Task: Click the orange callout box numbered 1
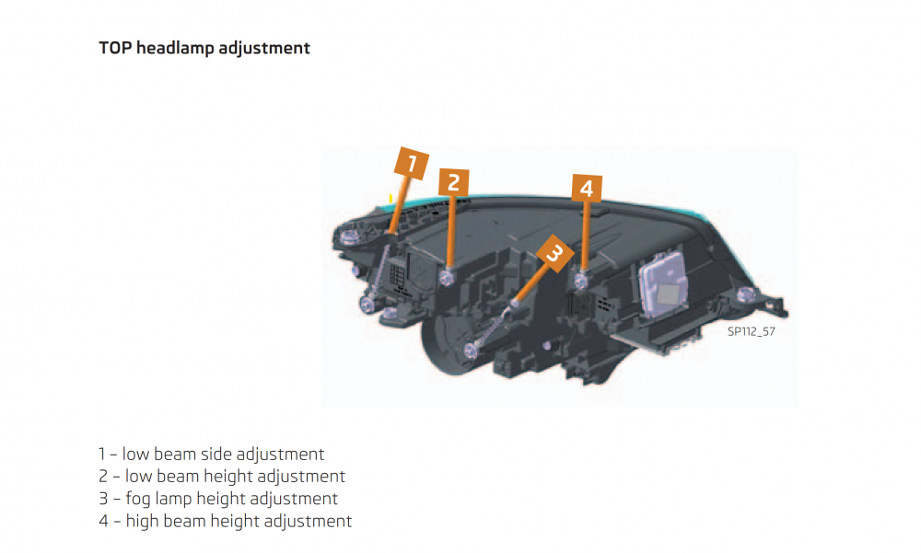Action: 411,163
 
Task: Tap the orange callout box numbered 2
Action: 453,182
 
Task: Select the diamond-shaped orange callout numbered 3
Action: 554,254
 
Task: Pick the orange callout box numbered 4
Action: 587,189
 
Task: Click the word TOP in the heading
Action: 115,48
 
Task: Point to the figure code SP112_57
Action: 752,331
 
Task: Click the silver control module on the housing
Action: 664,286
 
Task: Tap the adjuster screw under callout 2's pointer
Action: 448,276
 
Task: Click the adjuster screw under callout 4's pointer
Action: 581,281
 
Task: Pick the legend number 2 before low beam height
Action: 103,476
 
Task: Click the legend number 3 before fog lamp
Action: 103,499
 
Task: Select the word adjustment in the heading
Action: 264,48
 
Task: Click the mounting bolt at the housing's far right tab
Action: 747,294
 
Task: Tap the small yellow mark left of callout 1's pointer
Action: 391,199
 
